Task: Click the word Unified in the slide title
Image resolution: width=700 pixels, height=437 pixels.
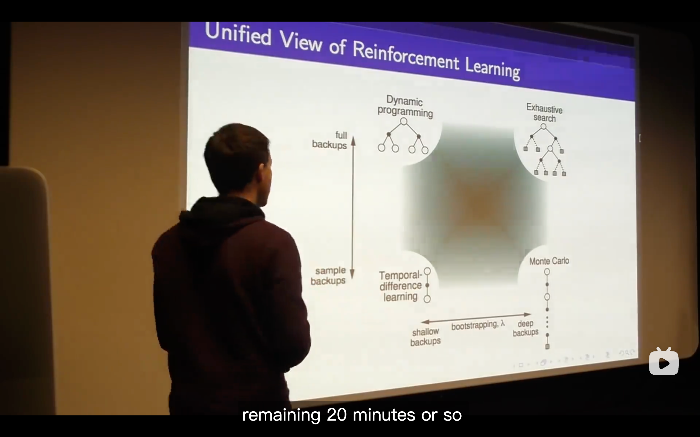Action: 238,35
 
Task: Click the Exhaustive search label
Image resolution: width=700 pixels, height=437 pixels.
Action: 544,113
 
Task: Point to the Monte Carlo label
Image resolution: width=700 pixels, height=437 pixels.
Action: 549,261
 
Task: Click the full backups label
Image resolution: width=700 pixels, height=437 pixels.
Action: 330,140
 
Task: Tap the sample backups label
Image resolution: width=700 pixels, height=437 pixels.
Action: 328,276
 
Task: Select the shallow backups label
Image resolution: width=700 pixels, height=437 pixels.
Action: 425,337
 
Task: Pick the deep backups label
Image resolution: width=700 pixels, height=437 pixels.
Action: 526,328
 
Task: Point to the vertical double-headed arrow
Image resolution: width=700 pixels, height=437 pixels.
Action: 353,208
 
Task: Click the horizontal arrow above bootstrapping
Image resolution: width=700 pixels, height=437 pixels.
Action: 476,318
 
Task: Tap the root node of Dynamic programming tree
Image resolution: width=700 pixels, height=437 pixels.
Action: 404,121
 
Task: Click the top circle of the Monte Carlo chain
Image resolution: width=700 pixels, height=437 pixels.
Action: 547,272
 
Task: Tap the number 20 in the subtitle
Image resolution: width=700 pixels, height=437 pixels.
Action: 337,415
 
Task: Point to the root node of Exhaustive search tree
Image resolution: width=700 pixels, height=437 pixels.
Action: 543,127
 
